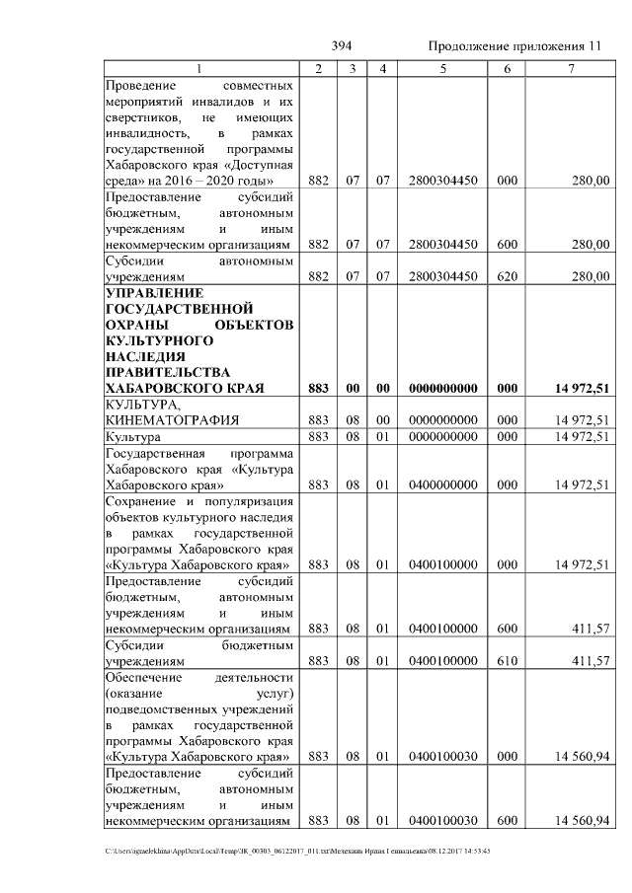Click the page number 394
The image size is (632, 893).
pos(342,46)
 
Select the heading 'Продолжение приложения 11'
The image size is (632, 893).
pos(513,46)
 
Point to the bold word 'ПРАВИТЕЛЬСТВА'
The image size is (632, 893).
pos(167,373)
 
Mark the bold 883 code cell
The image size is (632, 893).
pos(318,389)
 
